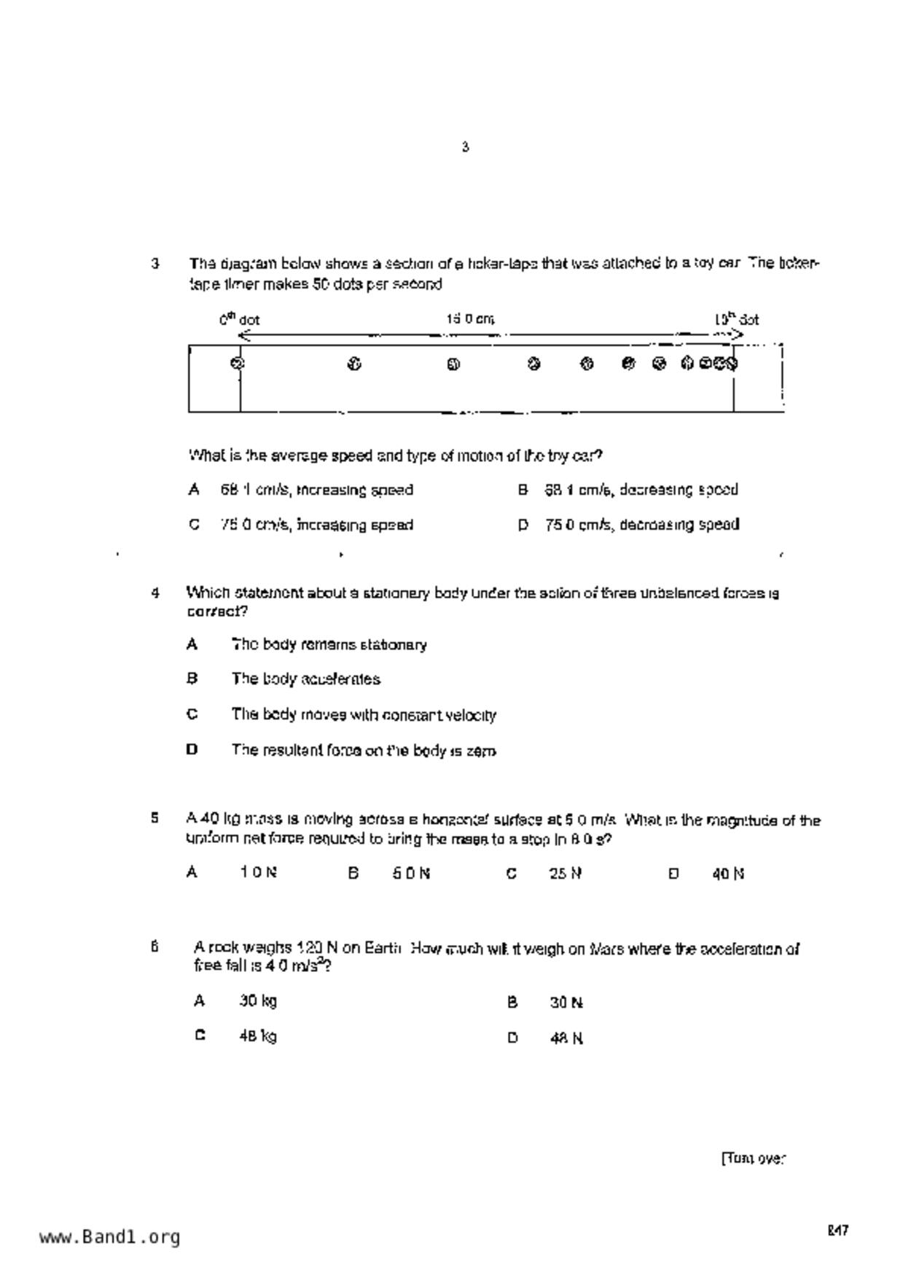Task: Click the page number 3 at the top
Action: (x=465, y=147)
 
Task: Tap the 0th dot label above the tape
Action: (x=239, y=319)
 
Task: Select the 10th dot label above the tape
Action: (x=736, y=319)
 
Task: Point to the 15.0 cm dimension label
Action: (x=470, y=319)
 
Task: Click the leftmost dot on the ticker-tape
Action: (x=237, y=363)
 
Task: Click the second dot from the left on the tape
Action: (x=354, y=364)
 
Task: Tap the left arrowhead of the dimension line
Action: (x=244, y=335)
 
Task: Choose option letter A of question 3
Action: (x=193, y=490)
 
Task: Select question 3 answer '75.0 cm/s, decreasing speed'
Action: (x=642, y=525)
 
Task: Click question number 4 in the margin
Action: (x=155, y=593)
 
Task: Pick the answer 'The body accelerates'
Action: (x=305, y=679)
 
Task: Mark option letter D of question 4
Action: (x=192, y=749)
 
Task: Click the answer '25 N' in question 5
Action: (x=565, y=873)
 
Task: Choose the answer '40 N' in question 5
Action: (x=728, y=873)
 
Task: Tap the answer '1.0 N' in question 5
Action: (x=258, y=872)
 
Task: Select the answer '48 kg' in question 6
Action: (x=258, y=1036)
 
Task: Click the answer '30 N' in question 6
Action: (x=566, y=1003)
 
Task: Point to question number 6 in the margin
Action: (x=155, y=947)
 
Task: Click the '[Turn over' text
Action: (x=754, y=1159)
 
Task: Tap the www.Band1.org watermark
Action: (x=109, y=1236)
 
